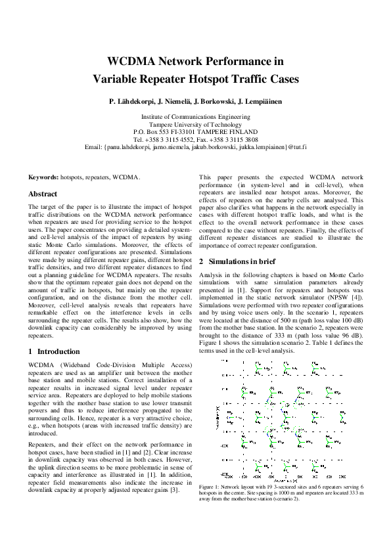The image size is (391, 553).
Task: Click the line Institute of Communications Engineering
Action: (x=195, y=116)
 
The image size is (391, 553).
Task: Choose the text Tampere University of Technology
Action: (x=195, y=123)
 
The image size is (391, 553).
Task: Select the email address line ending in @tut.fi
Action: (x=195, y=147)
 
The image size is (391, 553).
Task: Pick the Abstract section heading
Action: (x=43, y=194)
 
